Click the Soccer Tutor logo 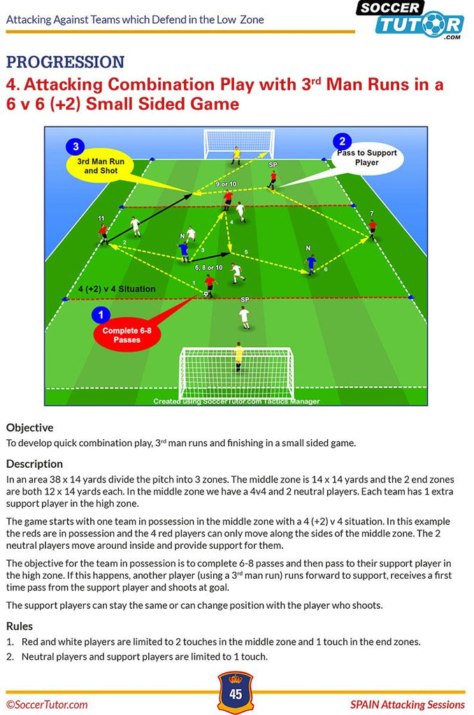click(410, 20)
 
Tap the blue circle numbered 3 click(76, 147)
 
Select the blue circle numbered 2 click(342, 141)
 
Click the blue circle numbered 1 click(101, 315)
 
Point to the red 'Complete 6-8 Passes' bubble click(127, 334)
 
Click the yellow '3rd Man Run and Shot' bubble click(101, 166)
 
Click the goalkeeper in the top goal click(236, 156)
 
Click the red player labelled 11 click(104, 233)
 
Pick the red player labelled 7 click(372, 229)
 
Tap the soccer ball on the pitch click(206, 294)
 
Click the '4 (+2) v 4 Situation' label click(117, 289)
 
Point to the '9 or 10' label click(226, 184)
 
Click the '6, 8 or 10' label click(209, 267)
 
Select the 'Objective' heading click(29, 428)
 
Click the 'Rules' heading click(20, 626)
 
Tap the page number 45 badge click(236, 692)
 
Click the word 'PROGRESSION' click(65, 62)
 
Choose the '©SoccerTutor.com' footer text click(47, 705)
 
